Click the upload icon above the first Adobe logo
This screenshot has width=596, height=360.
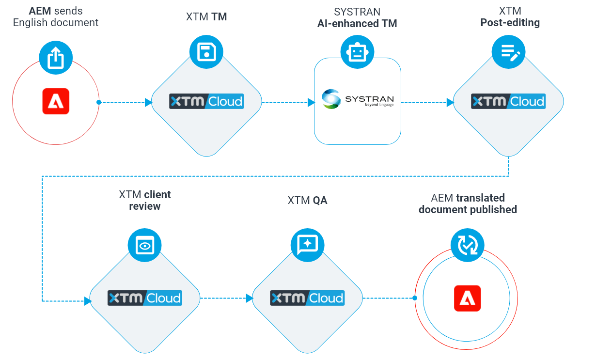point(56,58)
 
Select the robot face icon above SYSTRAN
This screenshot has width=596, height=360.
point(357,51)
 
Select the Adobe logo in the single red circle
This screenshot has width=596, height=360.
point(56,102)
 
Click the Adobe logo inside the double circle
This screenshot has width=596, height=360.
point(467,298)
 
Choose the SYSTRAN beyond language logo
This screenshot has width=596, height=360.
point(358,99)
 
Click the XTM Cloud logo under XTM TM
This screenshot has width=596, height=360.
point(206,101)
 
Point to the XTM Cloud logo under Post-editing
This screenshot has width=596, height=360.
point(508,101)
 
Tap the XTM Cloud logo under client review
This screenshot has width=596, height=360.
point(144,297)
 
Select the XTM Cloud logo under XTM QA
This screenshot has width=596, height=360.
point(307,297)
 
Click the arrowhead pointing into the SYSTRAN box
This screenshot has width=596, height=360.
point(311,102)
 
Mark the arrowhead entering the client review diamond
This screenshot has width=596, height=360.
point(88,301)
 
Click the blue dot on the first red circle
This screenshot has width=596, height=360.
point(99,102)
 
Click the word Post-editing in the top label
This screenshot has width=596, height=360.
point(510,23)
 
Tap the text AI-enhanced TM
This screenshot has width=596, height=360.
point(357,23)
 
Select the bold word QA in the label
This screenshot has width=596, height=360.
point(320,200)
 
